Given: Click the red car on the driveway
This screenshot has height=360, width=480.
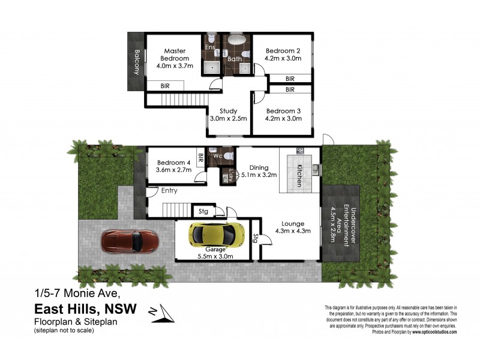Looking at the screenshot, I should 130,241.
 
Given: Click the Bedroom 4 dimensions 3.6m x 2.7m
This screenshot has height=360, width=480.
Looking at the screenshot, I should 174,170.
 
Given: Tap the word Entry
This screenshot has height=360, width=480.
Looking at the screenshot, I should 169,191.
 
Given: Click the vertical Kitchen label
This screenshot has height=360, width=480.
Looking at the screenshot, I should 298,175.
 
